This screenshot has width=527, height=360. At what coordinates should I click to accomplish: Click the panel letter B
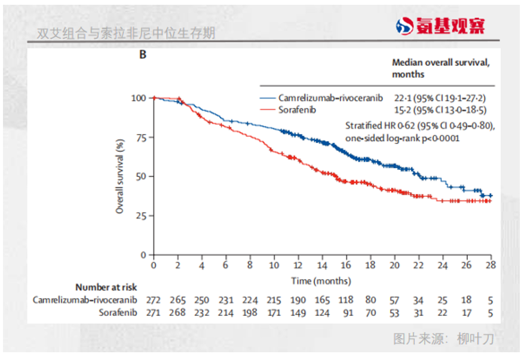[x=143, y=55]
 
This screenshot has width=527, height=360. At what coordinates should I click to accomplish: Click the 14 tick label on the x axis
[x=322, y=266]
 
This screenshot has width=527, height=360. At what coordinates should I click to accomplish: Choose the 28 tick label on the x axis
[x=491, y=266]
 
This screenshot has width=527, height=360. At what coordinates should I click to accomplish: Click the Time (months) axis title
[x=321, y=280]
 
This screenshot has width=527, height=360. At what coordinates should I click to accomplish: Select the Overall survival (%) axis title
[x=120, y=176]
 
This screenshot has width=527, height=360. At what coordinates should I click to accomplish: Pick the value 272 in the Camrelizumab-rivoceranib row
[x=154, y=300]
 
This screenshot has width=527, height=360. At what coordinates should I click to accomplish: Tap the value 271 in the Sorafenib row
[x=154, y=312]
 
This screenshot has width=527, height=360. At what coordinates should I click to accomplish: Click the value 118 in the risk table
[x=347, y=300]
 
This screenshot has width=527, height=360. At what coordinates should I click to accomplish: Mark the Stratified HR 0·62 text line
[x=421, y=126]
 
